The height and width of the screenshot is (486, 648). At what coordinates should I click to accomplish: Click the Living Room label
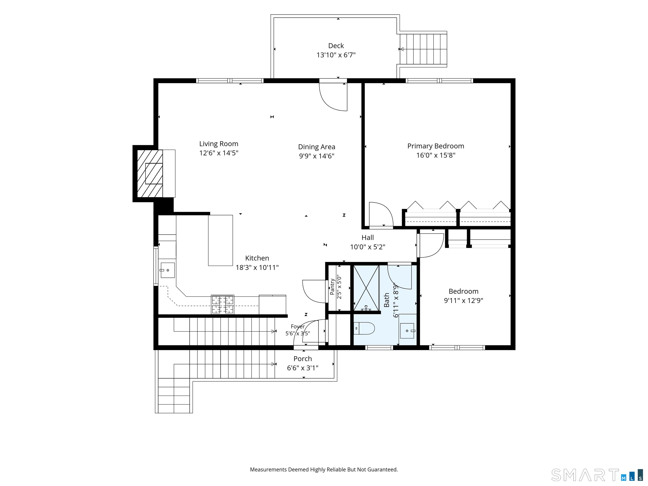click(219, 144)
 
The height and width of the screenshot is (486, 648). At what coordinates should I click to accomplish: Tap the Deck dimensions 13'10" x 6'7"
click(336, 55)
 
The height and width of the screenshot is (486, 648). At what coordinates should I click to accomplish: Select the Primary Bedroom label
click(436, 146)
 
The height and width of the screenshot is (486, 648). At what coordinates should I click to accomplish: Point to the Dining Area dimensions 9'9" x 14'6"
click(316, 156)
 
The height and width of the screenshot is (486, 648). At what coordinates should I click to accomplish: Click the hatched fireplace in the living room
click(150, 173)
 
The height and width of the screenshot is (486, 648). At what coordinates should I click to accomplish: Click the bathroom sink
click(407, 331)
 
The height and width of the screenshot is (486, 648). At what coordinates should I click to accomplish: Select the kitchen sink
click(167, 270)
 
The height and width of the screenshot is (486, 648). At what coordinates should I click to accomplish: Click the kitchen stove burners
click(223, 305)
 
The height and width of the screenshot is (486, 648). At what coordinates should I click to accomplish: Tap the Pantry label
click(332, 287)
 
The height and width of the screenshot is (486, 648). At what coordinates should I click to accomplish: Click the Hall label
click(368, 238)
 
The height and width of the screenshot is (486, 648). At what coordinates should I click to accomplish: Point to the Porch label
click(303, 359)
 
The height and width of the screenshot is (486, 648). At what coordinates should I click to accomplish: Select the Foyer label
click(298, 327)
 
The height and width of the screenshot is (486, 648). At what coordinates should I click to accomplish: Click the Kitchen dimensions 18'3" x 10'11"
click(257, 267)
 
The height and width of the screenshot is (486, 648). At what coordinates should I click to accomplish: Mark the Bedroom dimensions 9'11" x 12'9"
click(463, 301)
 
